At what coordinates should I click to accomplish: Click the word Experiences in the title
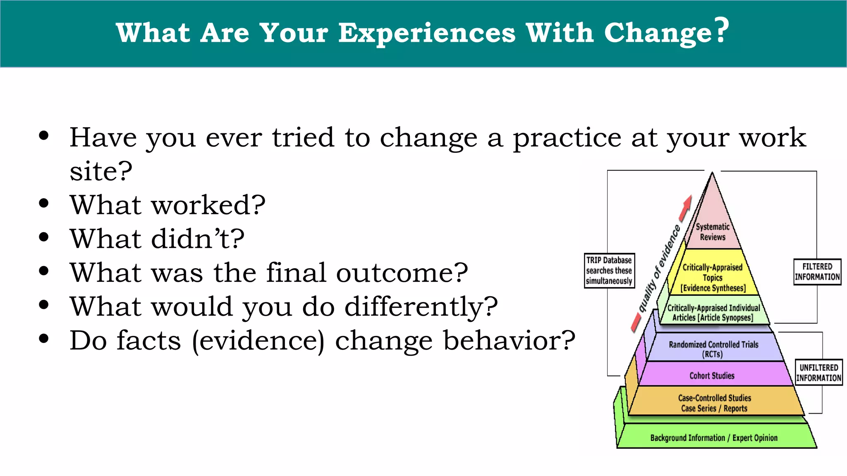427,33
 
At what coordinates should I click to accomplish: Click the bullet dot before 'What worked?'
44,203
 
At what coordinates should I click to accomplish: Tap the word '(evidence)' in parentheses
258,341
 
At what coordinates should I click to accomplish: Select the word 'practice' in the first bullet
567,138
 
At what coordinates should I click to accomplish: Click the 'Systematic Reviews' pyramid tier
713,232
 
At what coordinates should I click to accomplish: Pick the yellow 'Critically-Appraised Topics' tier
713,277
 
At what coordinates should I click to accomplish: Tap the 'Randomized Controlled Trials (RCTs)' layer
713,349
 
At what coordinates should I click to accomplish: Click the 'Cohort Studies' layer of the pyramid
712,375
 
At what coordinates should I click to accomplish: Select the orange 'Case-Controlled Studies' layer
714,403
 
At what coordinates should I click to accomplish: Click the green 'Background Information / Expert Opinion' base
714,438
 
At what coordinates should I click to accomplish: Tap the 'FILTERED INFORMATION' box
817,271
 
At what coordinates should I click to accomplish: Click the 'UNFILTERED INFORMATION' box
818,372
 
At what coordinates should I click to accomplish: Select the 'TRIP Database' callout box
609,271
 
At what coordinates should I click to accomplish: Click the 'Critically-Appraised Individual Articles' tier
713,312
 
